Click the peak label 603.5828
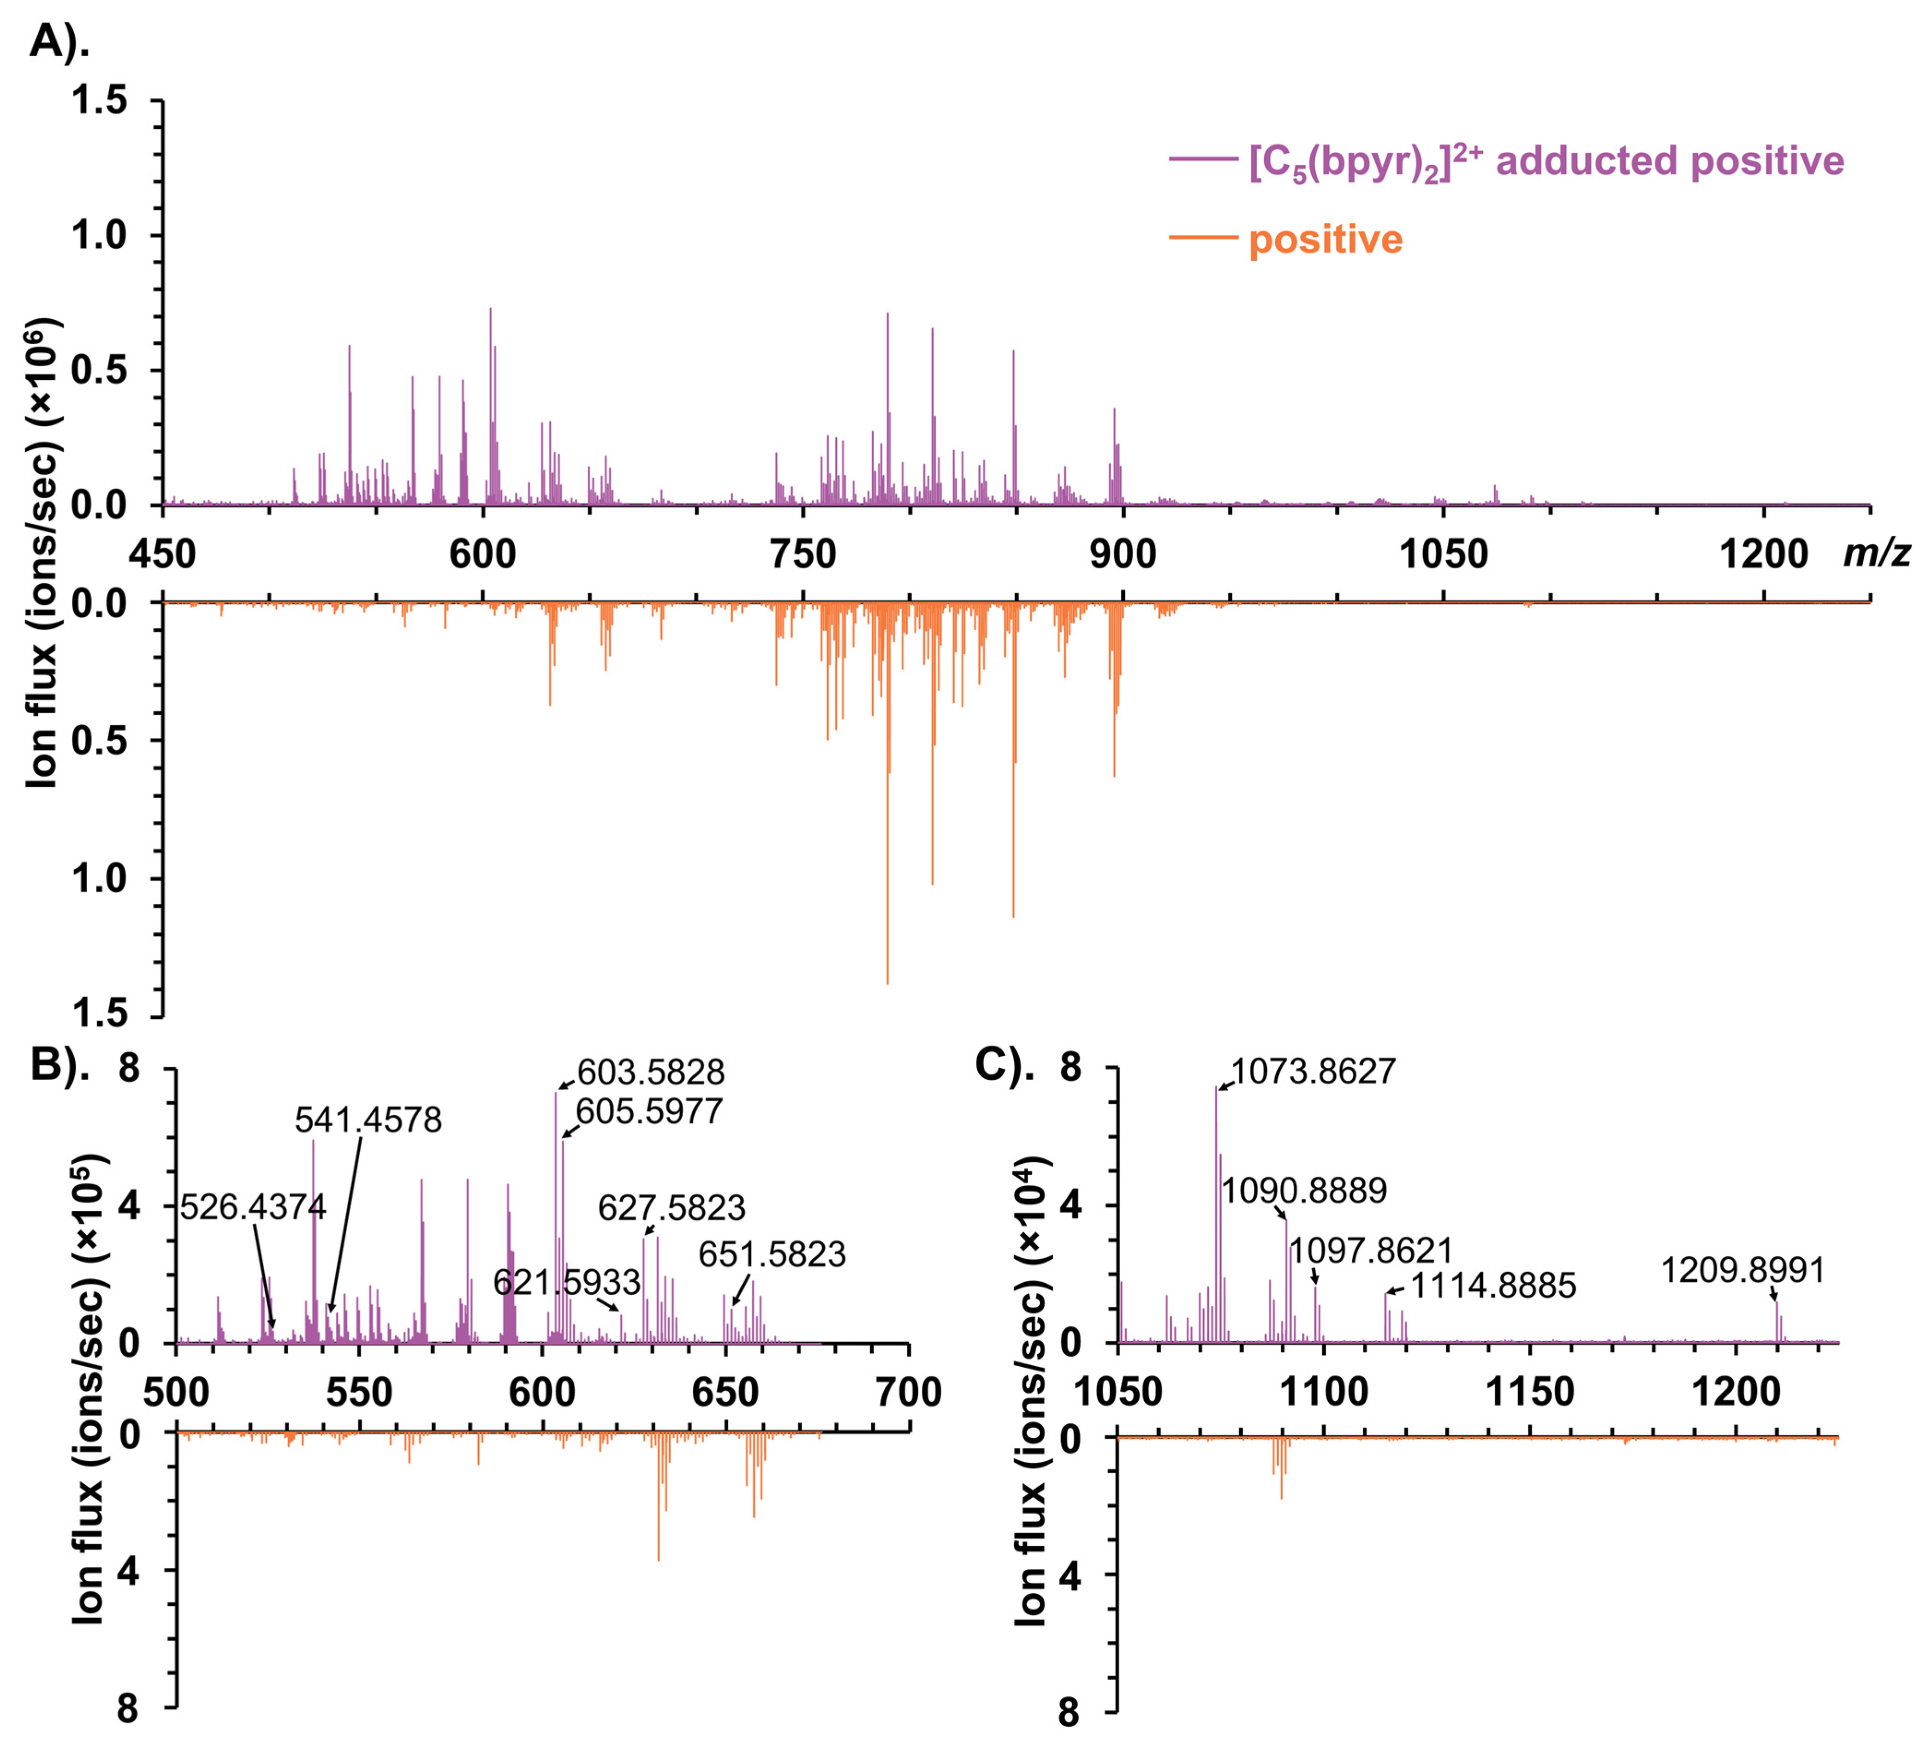pos(651,1072)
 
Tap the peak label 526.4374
pos(253,1207)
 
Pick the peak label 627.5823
pos(672,1208)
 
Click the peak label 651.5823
pos(772,1254)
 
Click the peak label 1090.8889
pos(1304,1191)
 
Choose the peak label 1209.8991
pos(1742,1270)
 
